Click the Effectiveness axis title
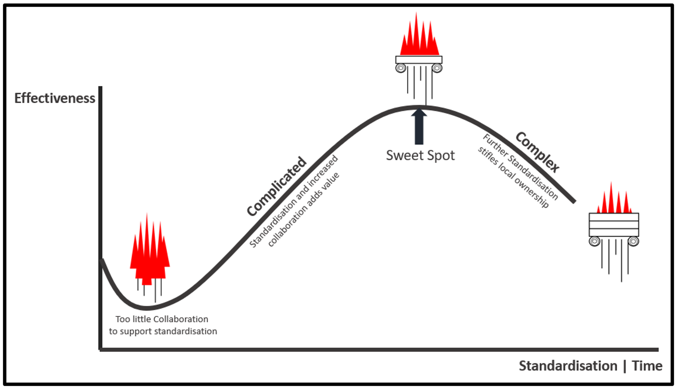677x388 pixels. (55, 98)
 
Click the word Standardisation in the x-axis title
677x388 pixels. (568, 366)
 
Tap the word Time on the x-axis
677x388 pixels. (647, 366)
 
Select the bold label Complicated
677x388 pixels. (277, 187)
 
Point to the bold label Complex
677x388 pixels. (537, 152)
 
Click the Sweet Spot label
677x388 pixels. (420, 156)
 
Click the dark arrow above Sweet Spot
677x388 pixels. (419, 127)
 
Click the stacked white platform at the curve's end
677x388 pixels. (614, 224)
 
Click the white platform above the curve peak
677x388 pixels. (419, 60)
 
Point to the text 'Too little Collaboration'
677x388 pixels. (162, 319)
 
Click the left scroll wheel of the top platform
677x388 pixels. (400, 68)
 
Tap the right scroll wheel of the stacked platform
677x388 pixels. (633, 241)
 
